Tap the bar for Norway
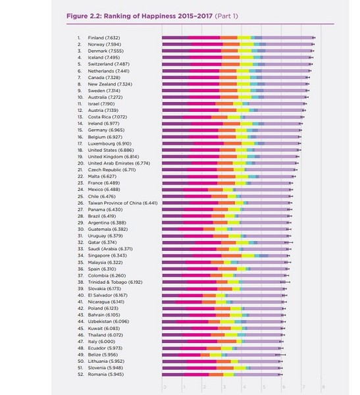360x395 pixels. (237, 44)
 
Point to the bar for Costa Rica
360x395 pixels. (230, 117)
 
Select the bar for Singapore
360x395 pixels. (224, 255)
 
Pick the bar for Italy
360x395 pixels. (220, 341)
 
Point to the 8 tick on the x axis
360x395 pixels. (323, 387)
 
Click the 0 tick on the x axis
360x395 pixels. (163, 387)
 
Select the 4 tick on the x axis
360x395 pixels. (243, 387)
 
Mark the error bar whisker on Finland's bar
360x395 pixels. (314, 38)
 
